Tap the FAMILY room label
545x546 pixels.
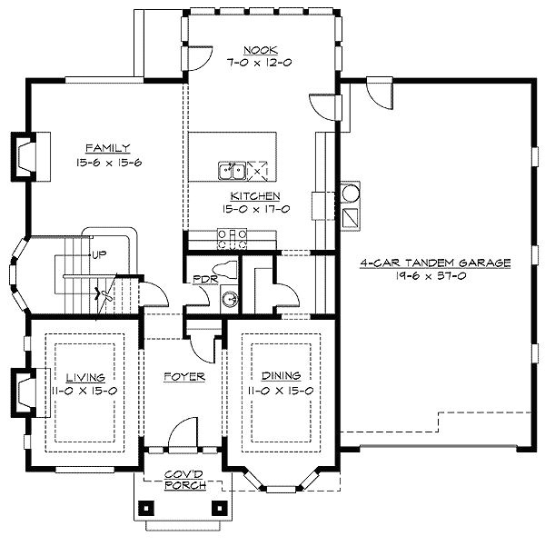tap(108, 147)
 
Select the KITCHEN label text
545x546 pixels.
tap(254, 195)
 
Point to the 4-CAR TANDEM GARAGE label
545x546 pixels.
tap(435, 263)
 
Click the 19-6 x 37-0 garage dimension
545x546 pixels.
tap(435, 275)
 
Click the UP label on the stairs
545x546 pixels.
tap(99, 254)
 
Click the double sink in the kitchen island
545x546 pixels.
tap(233, 170)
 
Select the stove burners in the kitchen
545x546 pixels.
tap(233, 239)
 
